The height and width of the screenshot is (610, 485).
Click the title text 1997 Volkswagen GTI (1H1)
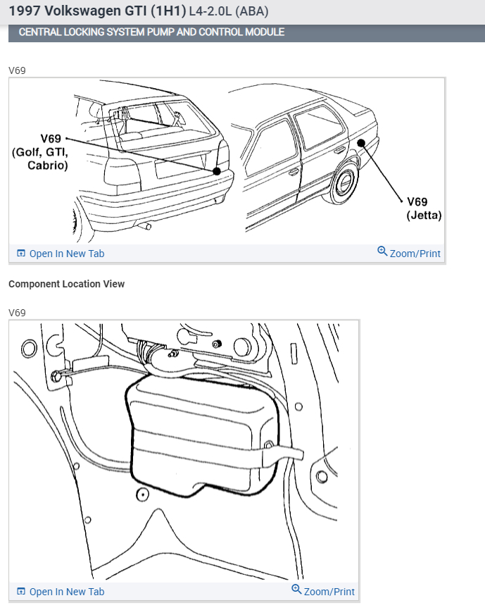coord(97,11)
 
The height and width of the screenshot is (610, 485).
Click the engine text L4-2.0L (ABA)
coord(229,12)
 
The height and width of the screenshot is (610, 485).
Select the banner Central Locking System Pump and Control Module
coord(151,32)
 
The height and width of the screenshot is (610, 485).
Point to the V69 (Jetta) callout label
coord(424,208)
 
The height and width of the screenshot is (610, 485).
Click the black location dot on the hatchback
coord(217,170)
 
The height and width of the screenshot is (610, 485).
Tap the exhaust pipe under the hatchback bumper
coord(146,225)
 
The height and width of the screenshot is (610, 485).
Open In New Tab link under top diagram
coord(66,254)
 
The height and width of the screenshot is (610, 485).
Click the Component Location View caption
coord(67,284)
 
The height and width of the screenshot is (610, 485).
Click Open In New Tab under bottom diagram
coord(66,592)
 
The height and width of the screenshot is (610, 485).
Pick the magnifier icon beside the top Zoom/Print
coord(382,251)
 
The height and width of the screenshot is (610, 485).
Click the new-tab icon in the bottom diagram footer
coord(21,592)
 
